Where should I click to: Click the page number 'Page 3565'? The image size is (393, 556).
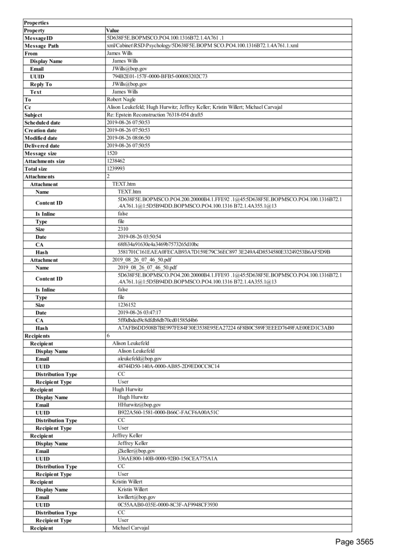coord(354,542)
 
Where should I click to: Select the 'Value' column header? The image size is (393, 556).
coord(113,31)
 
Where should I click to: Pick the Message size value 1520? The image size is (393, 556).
coord(112,153)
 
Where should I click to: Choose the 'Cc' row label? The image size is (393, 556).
coord(28,107)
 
